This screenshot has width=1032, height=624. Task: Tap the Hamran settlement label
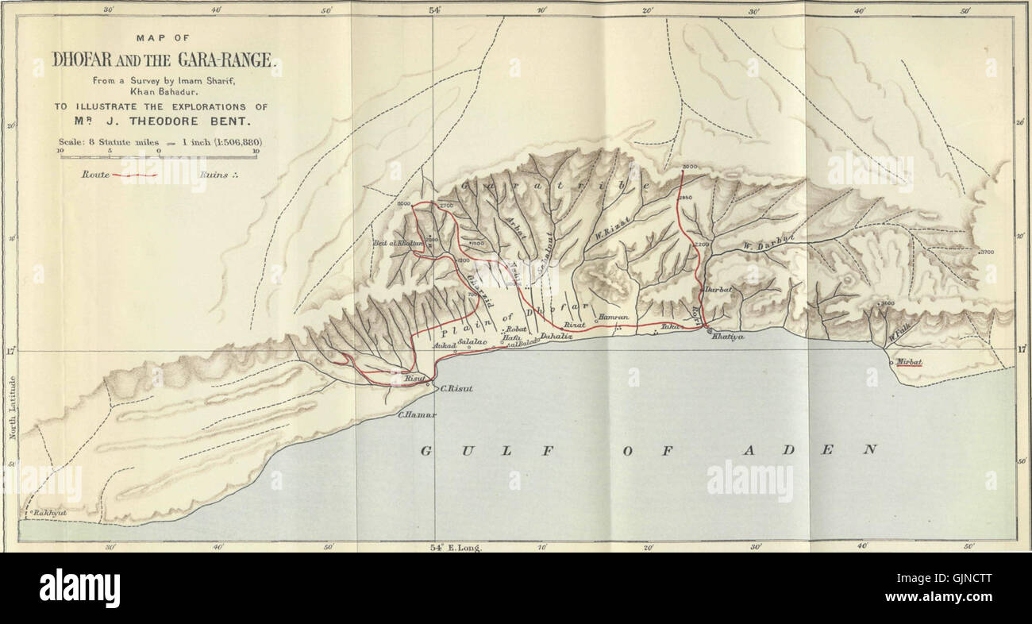(x=614, y=317)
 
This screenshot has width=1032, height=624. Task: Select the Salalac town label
(x=472, y=340)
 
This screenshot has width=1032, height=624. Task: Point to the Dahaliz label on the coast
(x=556, y=337)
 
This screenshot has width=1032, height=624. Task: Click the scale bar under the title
(x=160, y=156)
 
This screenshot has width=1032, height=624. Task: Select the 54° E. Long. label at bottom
(x=456, y=548)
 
